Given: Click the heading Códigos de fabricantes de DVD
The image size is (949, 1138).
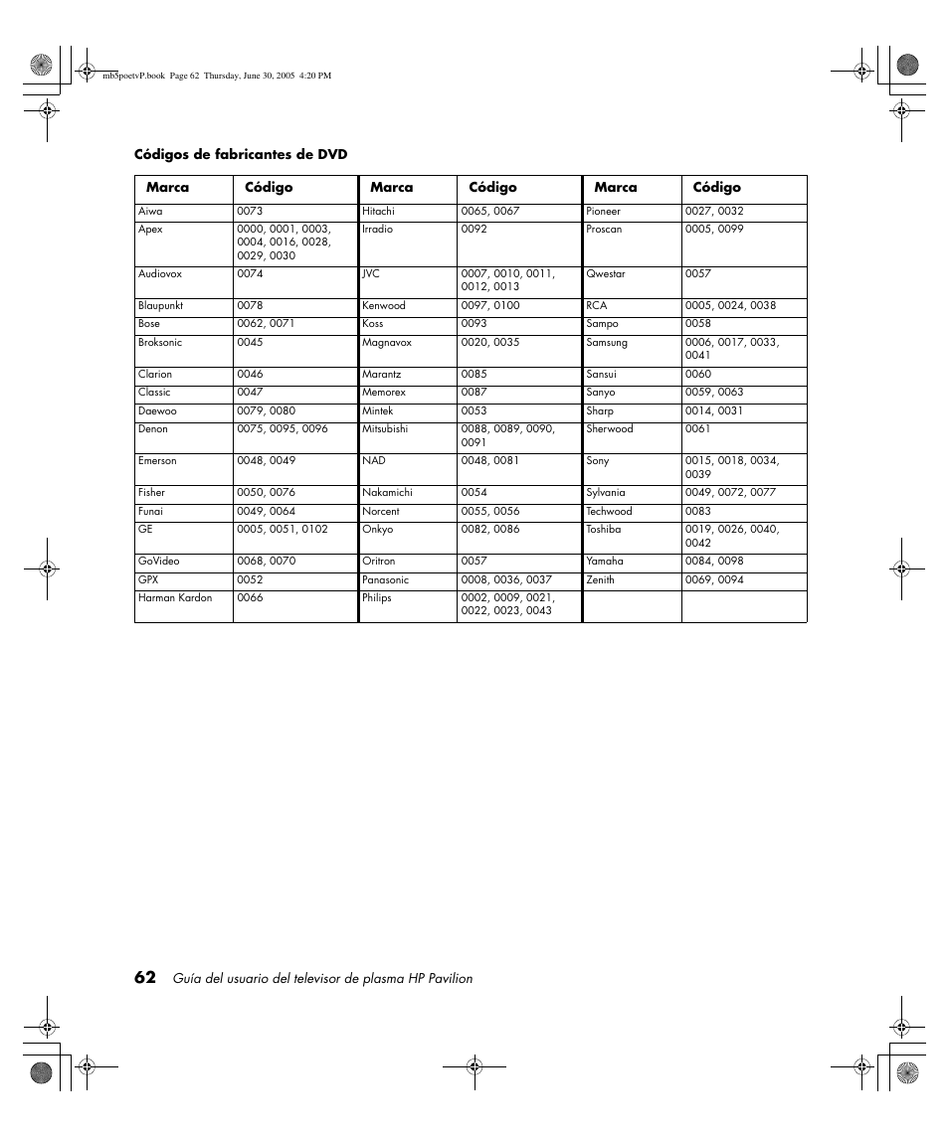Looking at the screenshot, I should click(x=241, y=154).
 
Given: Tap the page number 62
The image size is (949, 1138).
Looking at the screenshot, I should click(x=145, y=977).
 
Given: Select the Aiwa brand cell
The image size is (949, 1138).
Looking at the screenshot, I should click(x=150, y=212).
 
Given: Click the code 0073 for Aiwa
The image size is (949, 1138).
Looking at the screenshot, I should click(x=250, y=212).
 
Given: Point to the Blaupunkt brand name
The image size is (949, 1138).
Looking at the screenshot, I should click(x=160, y=306).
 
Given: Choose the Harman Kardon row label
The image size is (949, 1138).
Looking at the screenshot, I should click(x=175, y=598).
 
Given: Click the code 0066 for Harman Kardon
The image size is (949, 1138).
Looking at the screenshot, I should click(x=250, y=598).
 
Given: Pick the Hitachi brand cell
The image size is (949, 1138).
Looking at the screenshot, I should click(x=378, y=212).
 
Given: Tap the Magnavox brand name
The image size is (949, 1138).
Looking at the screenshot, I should click(x=386, y=343).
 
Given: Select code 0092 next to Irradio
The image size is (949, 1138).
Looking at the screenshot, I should click(x=474, y=230).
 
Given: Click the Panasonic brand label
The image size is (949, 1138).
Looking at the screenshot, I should click(x=385, y=580).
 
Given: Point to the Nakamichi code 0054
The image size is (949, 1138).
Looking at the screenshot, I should click(x=474, y=493).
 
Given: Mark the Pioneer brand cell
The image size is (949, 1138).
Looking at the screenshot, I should click(x=603, y=212).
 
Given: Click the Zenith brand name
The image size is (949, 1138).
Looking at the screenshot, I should click(x=600, y=580).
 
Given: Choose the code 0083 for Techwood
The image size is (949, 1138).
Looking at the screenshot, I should click(x=697, y=512).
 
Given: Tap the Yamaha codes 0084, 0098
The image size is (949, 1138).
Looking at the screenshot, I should click(x=713, y=562).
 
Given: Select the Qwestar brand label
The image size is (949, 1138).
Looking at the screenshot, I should click(x=605, y=274).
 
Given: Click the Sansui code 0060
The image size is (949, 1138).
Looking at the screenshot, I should click(x=697, y=375).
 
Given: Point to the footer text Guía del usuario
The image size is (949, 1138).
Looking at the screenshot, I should click(x=322, y=979).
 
